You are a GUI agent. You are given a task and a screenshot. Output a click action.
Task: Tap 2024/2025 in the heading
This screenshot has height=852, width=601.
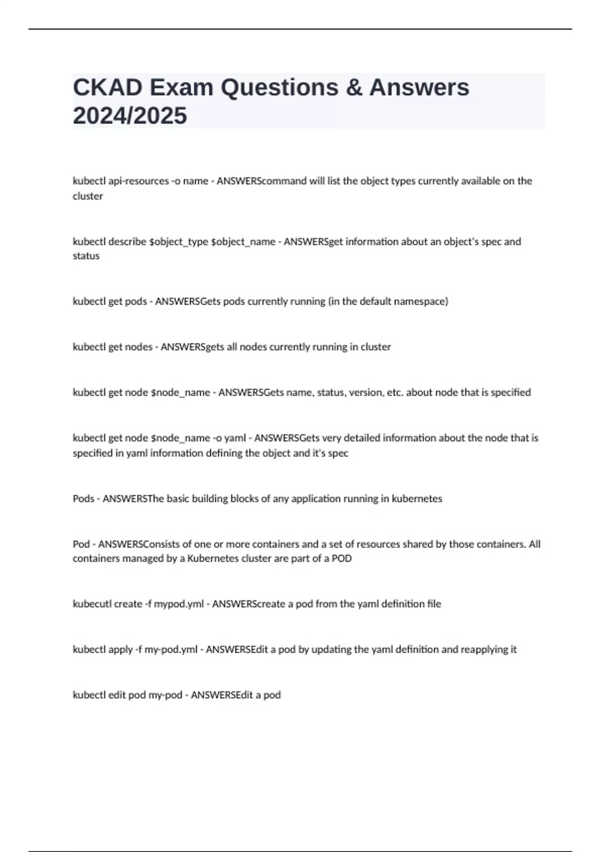click(x=130, y=116)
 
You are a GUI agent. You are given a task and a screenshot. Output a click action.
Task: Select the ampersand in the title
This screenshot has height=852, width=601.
click(x=354, y=88)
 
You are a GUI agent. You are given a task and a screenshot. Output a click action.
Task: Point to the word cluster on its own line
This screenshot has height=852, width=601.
click(x=88, y=196)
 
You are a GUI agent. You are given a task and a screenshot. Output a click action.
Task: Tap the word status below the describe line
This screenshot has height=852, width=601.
click(x=86, y=256)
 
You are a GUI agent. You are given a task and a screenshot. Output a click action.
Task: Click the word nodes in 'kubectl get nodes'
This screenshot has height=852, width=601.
click(x=138, y=347)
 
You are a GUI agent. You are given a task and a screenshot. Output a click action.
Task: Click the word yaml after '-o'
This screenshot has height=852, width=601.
click(x=235, y=438)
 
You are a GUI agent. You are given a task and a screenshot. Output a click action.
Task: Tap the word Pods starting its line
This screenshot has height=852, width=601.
click(x=83, y=499)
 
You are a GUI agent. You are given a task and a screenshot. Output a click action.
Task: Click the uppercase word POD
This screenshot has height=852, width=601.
click(x=342, y=558)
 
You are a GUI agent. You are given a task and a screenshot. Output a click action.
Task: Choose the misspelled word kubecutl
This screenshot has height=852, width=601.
click(x=92, y=604)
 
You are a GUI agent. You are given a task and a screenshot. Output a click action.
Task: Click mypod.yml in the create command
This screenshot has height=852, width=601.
click(x=178, y=604)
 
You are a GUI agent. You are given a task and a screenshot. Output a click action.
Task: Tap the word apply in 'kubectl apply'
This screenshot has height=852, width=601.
click(x=120, y=650)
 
